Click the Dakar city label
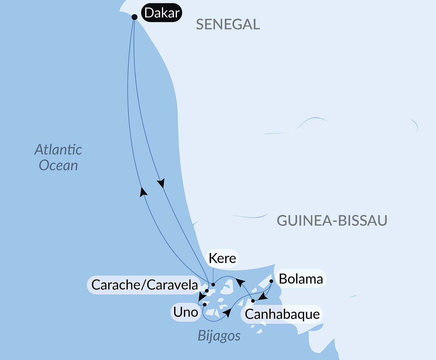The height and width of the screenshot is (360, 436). pyautogui.click(x=162, y=13)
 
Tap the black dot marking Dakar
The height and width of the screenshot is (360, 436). pyautogui.click(x=135, y=17)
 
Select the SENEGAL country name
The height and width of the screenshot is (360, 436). pyautogui.click(x=228, y=25)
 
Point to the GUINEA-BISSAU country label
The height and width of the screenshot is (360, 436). pyautogui.click(x=332, y=220)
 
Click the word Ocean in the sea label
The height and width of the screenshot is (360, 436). pyautogui.click(x=58, y=165)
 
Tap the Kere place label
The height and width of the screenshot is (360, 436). pyautogui.click(x=222, y=258)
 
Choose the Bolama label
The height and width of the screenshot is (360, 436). pyautogui.click(x=301, y=279)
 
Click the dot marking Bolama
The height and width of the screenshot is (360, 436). pyautogui.click(x=271, y=281)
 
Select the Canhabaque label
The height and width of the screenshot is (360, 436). pyautogui.click(x=282, y=314)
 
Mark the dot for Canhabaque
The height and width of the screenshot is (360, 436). pyautogui.click(x=253, y=301)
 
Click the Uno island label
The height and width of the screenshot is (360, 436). pyautogui.click(x=186, y=312)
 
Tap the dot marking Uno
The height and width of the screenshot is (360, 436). pyautogui.click(x=204, y=304)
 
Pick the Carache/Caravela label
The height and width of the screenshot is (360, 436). pyautogui.click(x=144, y=285)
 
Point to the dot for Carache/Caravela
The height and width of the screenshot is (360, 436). pyautogui.click(x=207, y=291)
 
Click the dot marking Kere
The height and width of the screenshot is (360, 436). pyautogui.click(x=213, y=285)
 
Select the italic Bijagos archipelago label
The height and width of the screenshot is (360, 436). pyautogui.click(x=219, y=336)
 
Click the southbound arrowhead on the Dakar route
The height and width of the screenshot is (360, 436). pyautogui.click(x=161, y=183)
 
